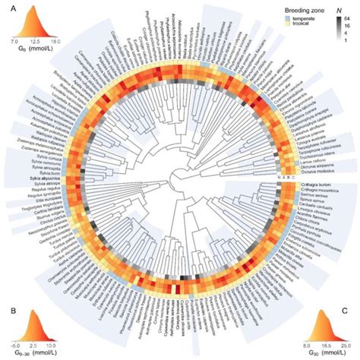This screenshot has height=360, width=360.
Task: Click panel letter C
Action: [354, 309]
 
